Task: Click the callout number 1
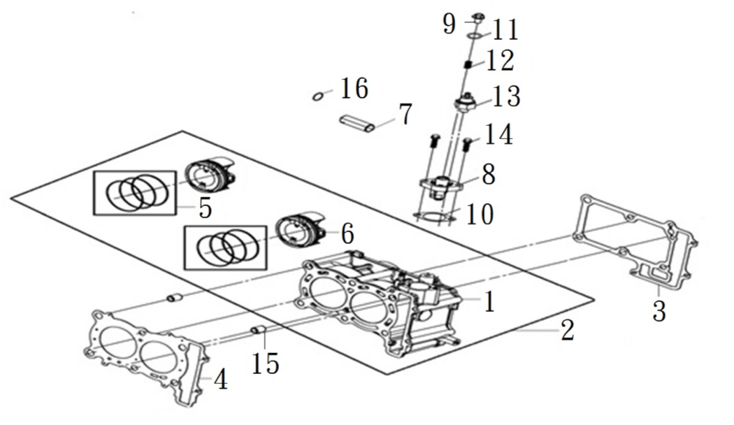(489, 301)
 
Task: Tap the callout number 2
(568, 329)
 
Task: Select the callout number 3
(659, 310)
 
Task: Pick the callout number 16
(354, 89)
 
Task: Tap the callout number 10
(480, 215)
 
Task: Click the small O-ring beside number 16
(317, 94)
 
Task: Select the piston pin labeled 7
(357, 123)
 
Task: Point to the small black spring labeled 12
(471, 64)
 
